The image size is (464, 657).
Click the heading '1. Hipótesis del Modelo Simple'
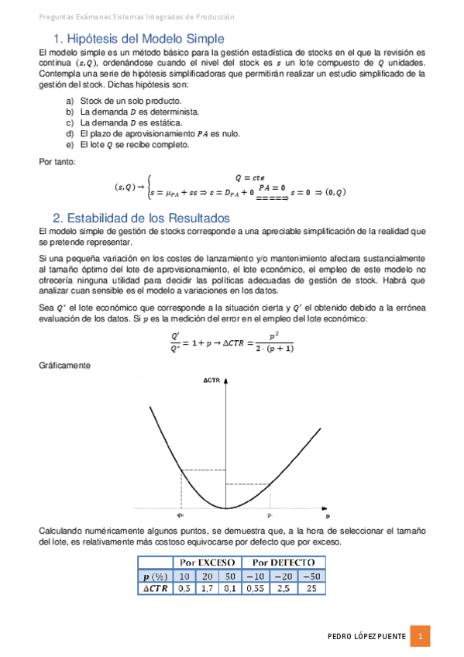139,39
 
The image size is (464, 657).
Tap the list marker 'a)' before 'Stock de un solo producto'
70,101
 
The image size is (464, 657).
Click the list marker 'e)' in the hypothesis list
70,144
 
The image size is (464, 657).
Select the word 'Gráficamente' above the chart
65,364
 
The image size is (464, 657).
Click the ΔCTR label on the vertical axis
214,381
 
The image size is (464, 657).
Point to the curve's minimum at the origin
225,508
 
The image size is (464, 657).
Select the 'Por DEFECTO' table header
282,562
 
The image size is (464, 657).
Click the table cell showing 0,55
256,589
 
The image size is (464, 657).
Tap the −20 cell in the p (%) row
283,576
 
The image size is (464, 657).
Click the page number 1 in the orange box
419,637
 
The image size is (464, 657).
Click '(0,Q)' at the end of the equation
335,191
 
